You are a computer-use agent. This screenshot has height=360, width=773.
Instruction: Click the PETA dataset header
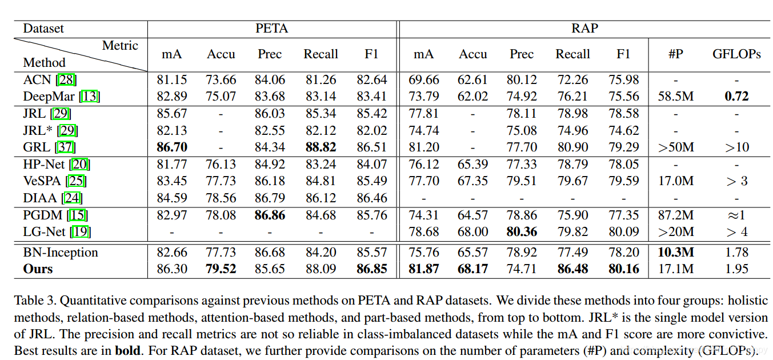click(x=271, y=29)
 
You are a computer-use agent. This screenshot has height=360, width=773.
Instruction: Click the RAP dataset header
click(x=584, y=29)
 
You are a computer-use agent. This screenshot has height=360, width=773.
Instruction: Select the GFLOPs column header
click(x=736, y=54)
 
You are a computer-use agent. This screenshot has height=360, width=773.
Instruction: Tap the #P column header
click(x=676, y=54)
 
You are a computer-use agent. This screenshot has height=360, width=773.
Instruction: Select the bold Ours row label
click(x=38, y=269)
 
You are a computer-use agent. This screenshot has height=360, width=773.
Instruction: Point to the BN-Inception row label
click(x=60, y=253)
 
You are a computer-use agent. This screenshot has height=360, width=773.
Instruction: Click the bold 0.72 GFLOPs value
click(x=736, y=97)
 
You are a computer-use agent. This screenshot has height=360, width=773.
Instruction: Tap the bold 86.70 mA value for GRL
click(x=171, y=147)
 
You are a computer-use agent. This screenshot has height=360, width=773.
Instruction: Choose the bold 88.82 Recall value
click(x=320, y=147)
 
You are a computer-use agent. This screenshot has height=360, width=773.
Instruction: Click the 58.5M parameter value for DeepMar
click(x=676, y=97)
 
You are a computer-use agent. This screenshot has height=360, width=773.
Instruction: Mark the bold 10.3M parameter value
click(x=676, y=253)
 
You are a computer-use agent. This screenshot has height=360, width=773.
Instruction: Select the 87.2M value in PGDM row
click(x=676, y=215)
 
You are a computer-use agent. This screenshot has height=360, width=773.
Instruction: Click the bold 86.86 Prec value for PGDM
click(x=269, y=215)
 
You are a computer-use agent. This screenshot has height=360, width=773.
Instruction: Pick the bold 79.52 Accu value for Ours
click(x=221, y=269)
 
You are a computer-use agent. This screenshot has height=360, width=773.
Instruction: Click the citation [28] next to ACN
click(x=66, y=80)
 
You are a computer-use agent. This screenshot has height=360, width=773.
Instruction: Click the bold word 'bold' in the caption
click(x=127, y=350)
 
